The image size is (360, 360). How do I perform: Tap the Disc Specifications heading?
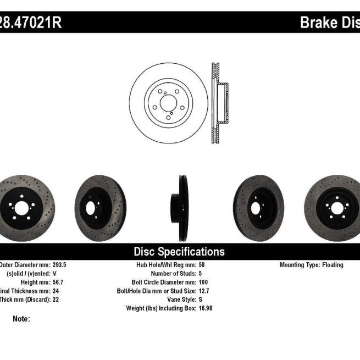[x=179, y=252]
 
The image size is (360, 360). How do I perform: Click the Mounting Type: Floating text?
[x=311, y=265]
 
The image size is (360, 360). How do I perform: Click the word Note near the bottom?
[x=21, y=319]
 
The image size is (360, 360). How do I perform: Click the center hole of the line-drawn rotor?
[x=168, y=102]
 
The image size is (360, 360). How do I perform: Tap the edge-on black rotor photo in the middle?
[x=182, y=208]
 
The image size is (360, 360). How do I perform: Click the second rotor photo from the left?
[x=101, y=208]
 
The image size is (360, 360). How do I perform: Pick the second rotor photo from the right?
[x=258, y=208]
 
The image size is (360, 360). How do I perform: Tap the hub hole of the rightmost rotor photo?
[x=334, y=208]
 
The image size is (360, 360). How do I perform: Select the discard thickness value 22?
[x=57, y=300]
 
